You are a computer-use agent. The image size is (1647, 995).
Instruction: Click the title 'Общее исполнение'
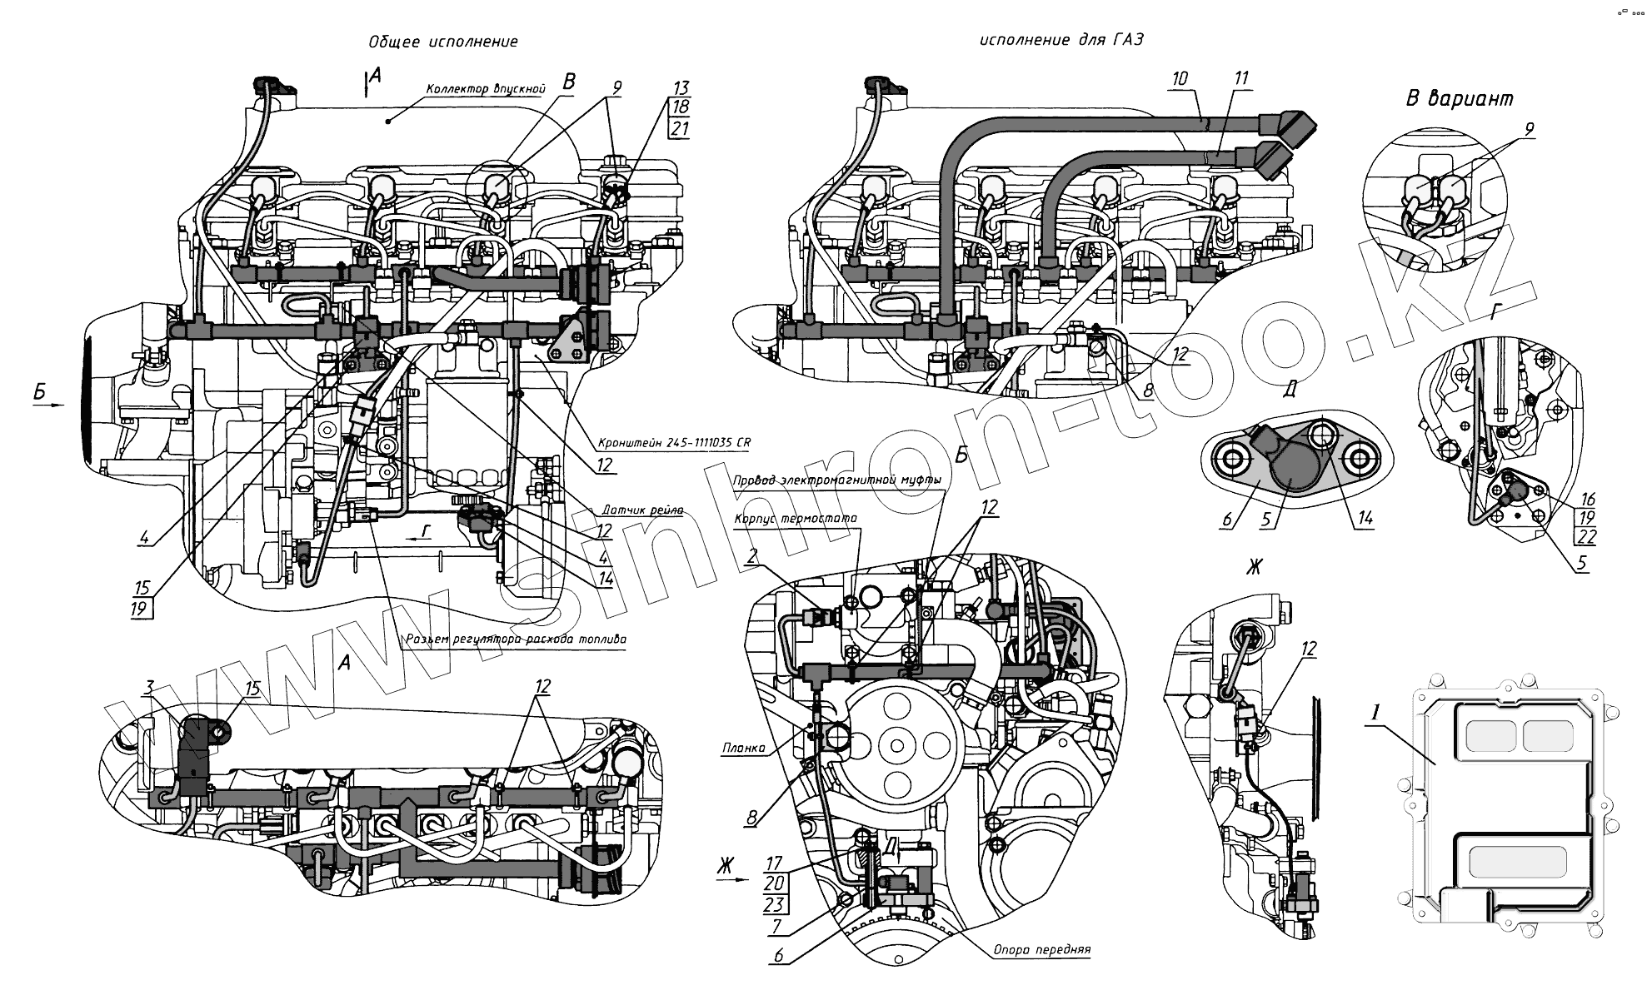[443, 42]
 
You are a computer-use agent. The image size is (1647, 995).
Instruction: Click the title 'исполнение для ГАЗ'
[1056, 40]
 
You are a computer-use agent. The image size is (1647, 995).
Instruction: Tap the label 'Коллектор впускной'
[485, 88]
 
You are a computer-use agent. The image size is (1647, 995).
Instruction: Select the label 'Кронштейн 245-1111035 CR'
[674, 443]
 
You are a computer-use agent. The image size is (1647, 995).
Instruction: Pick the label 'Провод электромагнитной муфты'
[837, 480]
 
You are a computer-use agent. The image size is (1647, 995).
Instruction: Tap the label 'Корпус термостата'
[796, 518]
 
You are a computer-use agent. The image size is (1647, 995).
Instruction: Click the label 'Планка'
[744, 748]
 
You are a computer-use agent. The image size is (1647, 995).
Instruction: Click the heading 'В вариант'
[1460, 98]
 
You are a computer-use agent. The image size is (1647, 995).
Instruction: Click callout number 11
[1241, 79]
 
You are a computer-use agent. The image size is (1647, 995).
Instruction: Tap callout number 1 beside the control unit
[1377, 712]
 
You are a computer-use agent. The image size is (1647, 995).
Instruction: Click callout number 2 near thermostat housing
[751, 558]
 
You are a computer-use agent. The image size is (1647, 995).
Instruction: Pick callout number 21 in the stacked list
[681, 128]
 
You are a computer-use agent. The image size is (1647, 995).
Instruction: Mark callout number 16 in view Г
[1587, 499]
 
